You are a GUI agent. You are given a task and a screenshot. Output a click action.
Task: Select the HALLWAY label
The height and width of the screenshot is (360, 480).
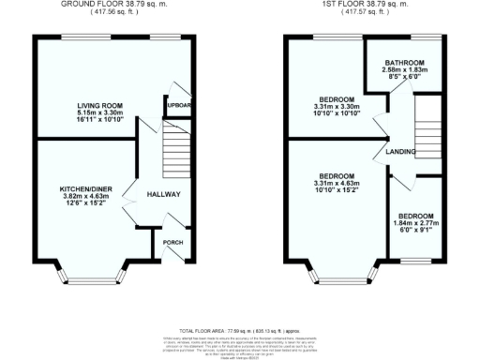(x=162, y=194)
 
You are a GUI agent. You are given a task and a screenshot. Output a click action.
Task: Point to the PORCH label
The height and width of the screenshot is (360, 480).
(x=172, y=241)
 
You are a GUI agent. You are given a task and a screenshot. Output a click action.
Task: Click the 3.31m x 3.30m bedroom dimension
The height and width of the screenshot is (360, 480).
(x=335, y=107)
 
